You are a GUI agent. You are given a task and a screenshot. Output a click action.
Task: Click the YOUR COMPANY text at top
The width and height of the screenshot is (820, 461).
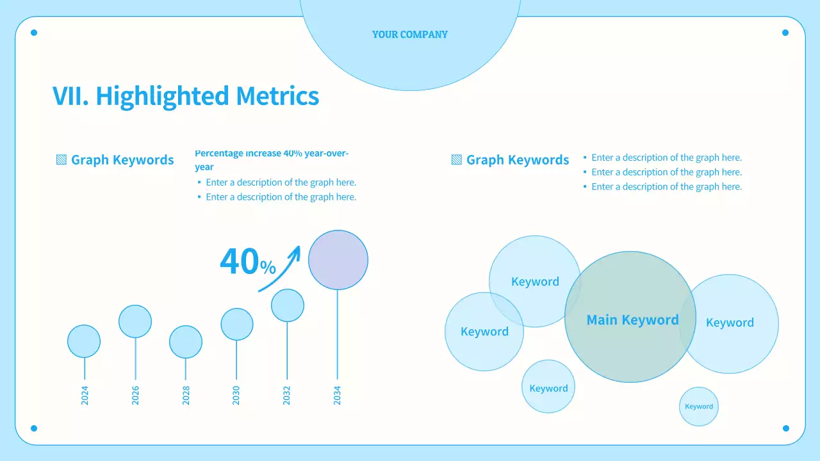(410, 35)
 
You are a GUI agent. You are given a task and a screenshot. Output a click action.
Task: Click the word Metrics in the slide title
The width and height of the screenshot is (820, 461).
(277, 96)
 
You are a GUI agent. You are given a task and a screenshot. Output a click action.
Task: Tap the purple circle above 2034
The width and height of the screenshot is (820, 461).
(338, 260)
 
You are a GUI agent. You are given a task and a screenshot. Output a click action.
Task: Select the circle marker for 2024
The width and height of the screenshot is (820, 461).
(84, 341)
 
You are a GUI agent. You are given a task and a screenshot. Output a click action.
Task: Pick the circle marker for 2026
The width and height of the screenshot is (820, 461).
(135, 321)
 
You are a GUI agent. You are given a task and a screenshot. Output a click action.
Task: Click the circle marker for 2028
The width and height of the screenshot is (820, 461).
(186, 342)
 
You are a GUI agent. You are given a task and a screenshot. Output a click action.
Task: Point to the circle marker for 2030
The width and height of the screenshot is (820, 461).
(237, 324)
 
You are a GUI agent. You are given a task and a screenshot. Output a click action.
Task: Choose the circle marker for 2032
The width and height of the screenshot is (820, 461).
(288, 305)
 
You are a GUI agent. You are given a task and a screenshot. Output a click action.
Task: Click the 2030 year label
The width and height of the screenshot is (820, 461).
(236, 395)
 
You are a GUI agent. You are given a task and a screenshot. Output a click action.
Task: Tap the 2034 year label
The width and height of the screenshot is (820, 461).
(338, 395)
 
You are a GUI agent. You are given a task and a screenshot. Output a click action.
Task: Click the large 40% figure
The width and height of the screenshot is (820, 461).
(247, 262)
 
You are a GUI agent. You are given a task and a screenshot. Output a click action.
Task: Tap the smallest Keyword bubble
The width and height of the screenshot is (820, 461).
(699, 407)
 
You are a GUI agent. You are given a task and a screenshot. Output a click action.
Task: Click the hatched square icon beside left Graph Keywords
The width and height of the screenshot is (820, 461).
(61, 160)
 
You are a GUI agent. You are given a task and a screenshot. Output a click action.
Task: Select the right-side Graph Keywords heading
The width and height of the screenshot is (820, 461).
(518, 160)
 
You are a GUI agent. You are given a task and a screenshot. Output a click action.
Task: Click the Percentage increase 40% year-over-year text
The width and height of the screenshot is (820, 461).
(272, 160)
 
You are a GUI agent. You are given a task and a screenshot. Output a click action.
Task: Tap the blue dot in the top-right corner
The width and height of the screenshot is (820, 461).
(785, 33)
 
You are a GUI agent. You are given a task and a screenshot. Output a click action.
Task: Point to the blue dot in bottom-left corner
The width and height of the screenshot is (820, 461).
(34, 428)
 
